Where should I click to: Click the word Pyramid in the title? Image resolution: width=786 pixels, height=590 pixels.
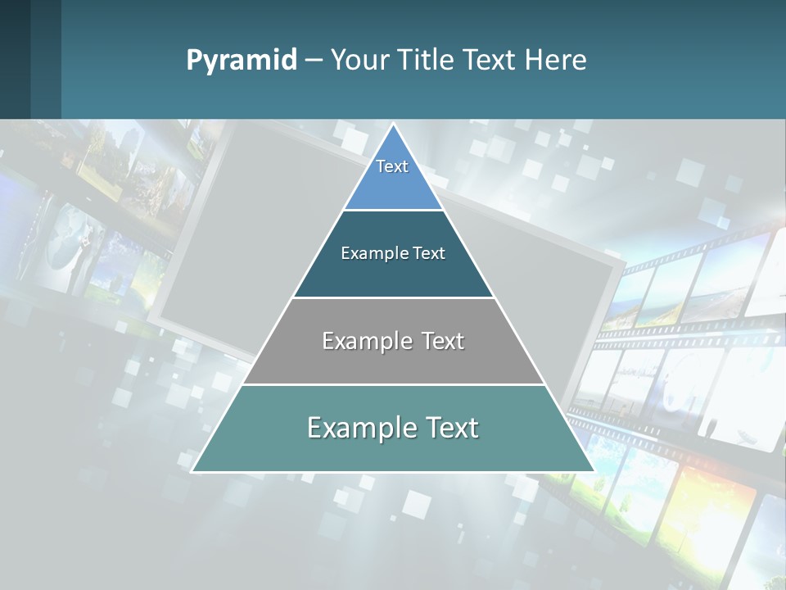tap(242, 61)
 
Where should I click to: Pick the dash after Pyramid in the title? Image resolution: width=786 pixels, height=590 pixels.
tap(314, 61)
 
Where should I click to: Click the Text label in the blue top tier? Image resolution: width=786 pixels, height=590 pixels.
tap(392, 166)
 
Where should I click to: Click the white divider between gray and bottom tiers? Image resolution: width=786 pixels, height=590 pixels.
tap(393, 384)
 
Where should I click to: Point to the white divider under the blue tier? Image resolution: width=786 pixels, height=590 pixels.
tap(393, 210)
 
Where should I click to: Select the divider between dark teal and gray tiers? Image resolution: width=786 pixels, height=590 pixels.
tap(393, 297)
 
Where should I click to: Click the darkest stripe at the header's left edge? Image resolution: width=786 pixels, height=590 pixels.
tap(15, 59)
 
